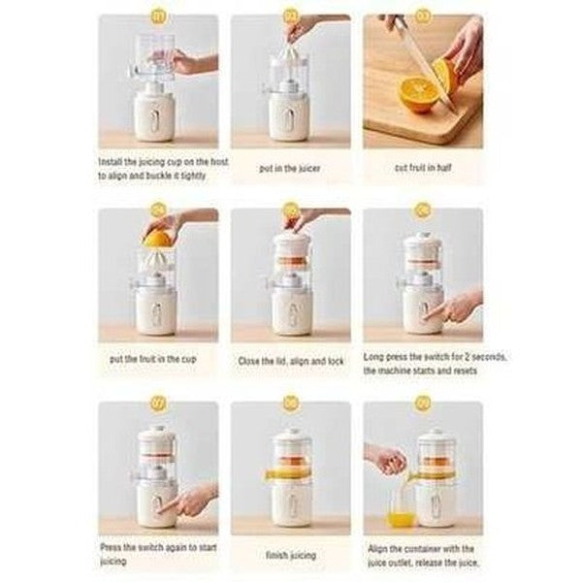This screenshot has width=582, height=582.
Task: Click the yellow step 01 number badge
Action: coord(158,16)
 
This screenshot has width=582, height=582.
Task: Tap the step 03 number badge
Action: coord(422,16)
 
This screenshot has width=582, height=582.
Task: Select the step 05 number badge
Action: coord(290,209)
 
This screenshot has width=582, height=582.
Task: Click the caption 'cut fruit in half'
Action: coord(422,167)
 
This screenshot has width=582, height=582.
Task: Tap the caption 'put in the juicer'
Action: coord(290,167)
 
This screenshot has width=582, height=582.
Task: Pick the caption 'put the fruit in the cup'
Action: coord(158,360)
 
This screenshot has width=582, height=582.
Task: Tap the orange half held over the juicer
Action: coord(157,238)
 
